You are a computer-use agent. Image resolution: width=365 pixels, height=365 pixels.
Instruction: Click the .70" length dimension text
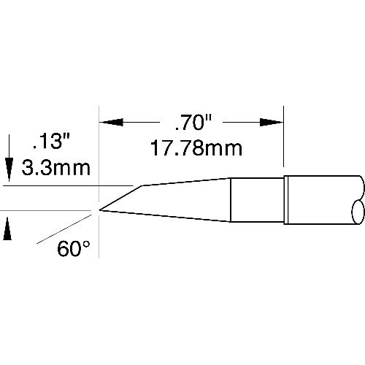pos(193,123)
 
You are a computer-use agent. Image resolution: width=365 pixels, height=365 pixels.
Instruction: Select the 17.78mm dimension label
pos(196,148)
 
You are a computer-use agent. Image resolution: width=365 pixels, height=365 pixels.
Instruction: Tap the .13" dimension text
pos(52,142)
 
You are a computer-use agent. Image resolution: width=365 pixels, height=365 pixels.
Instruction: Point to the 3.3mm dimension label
pos(56,168)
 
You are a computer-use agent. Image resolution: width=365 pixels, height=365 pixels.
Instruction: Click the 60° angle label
pos(74,248)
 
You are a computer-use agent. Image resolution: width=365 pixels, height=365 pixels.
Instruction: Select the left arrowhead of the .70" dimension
pos(111,122)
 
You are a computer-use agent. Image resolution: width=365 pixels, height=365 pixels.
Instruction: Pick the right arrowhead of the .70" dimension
pos(272,122)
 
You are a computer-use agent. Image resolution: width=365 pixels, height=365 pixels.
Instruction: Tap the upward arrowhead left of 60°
pos(7,228)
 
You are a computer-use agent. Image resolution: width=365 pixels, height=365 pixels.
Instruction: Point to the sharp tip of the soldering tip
pos(99,210)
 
